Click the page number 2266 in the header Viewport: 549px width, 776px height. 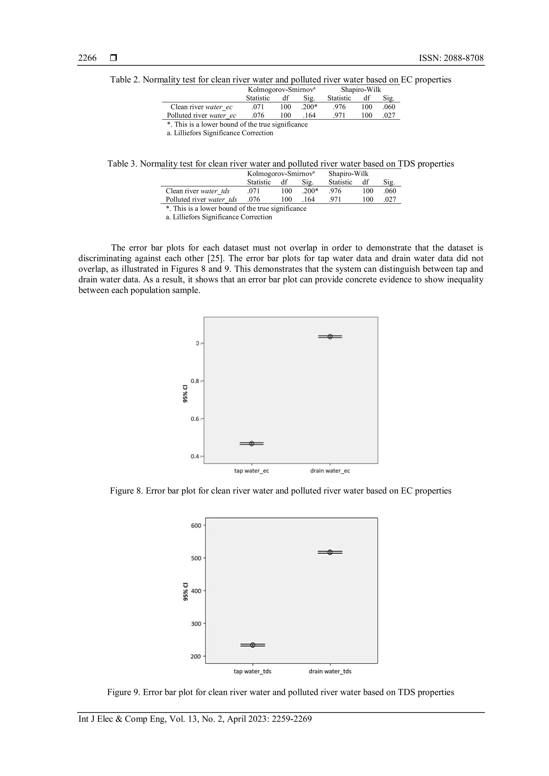pos(87,58)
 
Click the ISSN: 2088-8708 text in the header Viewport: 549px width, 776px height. pos(451,58)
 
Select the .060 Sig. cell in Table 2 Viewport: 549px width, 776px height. pos(389,107)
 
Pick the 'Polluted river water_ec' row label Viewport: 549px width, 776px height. pos(202,115)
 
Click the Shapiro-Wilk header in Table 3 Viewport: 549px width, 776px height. pos(348,173)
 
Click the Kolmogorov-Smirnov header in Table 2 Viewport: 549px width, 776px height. pos(281,89)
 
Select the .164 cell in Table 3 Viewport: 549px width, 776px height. pos(308,199)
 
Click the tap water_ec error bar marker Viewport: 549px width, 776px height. pos(251,443)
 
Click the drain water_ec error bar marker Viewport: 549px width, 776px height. pos(330,336)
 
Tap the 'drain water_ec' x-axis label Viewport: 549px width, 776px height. pos(330,471)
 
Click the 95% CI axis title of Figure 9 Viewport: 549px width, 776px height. pos(185,591)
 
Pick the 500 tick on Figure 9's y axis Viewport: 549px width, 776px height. pos(196,558)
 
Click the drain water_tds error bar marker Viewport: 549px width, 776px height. pos(330,552)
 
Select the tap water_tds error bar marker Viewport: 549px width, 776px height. pos(253,645)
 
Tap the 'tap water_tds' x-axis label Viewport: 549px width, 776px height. pos(252,671)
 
